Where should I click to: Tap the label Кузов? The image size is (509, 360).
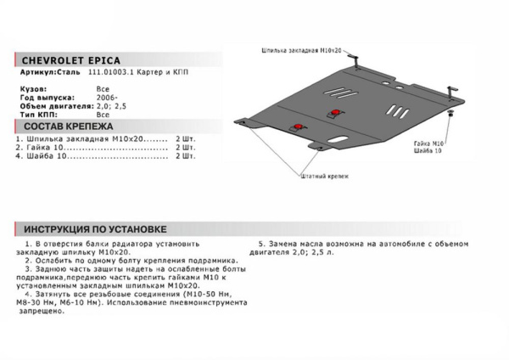(x=33, y=88)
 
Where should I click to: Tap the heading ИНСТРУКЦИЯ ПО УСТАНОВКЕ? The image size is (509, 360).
(x=94, y=229)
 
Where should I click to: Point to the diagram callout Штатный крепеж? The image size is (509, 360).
(x=324, y=175)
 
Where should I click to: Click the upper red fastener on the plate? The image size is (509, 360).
(x=337, y=113)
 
